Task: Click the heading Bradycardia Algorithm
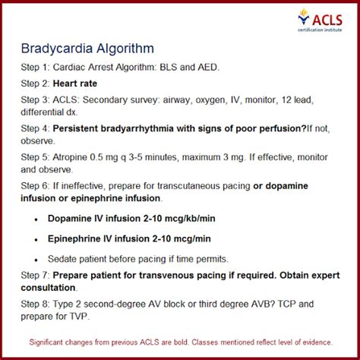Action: pyautogui.click(x=88, y=48)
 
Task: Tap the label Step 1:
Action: pyautogui.click(x=39, y=68)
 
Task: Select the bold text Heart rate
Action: pyautogui.click(x=90, y=84)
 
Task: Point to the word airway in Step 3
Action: pyautogui.click(x=187, y=99)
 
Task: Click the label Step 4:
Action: pyautogui.click(x=39, y=129)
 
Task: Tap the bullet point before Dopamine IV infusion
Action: pyautogui.click(x=38, y=218)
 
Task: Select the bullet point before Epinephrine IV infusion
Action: pyautogui.click(x=38, y=238)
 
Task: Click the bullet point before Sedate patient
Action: pyautogui.click(x=38, y=258)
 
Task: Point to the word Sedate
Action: pyautogui.click(x=67, y=258)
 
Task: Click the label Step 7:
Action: pyautogui.click(x=39, y=275)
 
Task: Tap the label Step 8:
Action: pyautogui.click(x=39, y=305)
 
